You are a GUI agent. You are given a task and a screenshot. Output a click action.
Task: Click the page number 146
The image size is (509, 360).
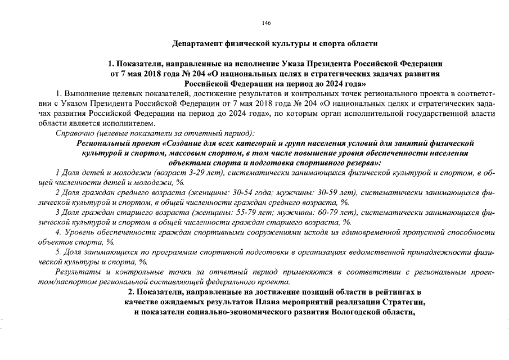pyautogui.click(x=267, y=22)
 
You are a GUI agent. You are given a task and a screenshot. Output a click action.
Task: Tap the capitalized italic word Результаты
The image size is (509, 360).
pyautogui.click(x=78, y=272)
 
